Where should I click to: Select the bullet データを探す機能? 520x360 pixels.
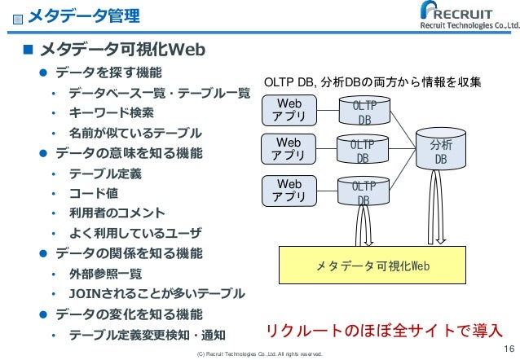(x=108, y=72)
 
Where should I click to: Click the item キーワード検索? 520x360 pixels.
(x=111, y=112)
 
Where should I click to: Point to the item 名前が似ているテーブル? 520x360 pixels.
(x=135, y=133)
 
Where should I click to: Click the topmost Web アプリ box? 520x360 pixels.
(x=289, y=111)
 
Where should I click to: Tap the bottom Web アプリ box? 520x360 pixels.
(x=289, y=191)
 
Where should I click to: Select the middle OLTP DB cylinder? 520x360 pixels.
(x=362, y=151)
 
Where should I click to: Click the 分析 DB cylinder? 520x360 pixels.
(x=441, y=151)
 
